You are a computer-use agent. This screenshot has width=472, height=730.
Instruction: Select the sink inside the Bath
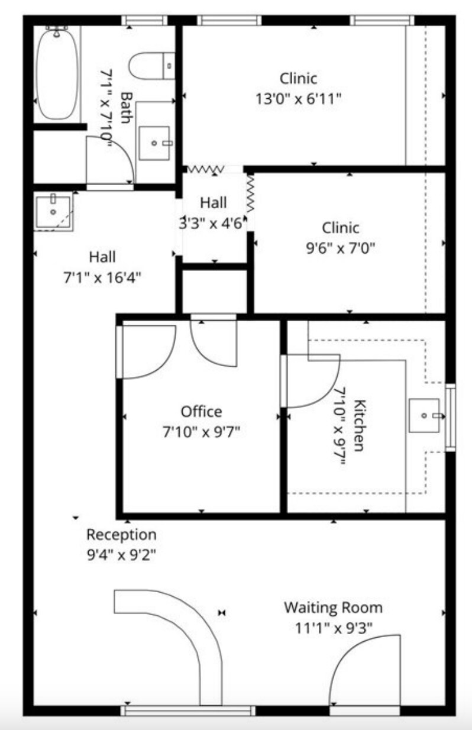154,143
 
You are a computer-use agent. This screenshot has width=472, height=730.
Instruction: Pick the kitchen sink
424,415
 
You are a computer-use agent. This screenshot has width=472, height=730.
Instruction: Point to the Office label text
201,411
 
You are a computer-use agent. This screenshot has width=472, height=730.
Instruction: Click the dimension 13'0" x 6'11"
298,99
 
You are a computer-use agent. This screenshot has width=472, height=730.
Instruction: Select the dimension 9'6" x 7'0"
340,248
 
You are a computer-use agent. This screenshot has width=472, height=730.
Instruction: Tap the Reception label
121,535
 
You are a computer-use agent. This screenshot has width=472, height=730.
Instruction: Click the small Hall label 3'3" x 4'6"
212,224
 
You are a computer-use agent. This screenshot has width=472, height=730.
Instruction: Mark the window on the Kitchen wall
450,417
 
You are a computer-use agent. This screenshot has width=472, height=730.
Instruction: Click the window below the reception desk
188,710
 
